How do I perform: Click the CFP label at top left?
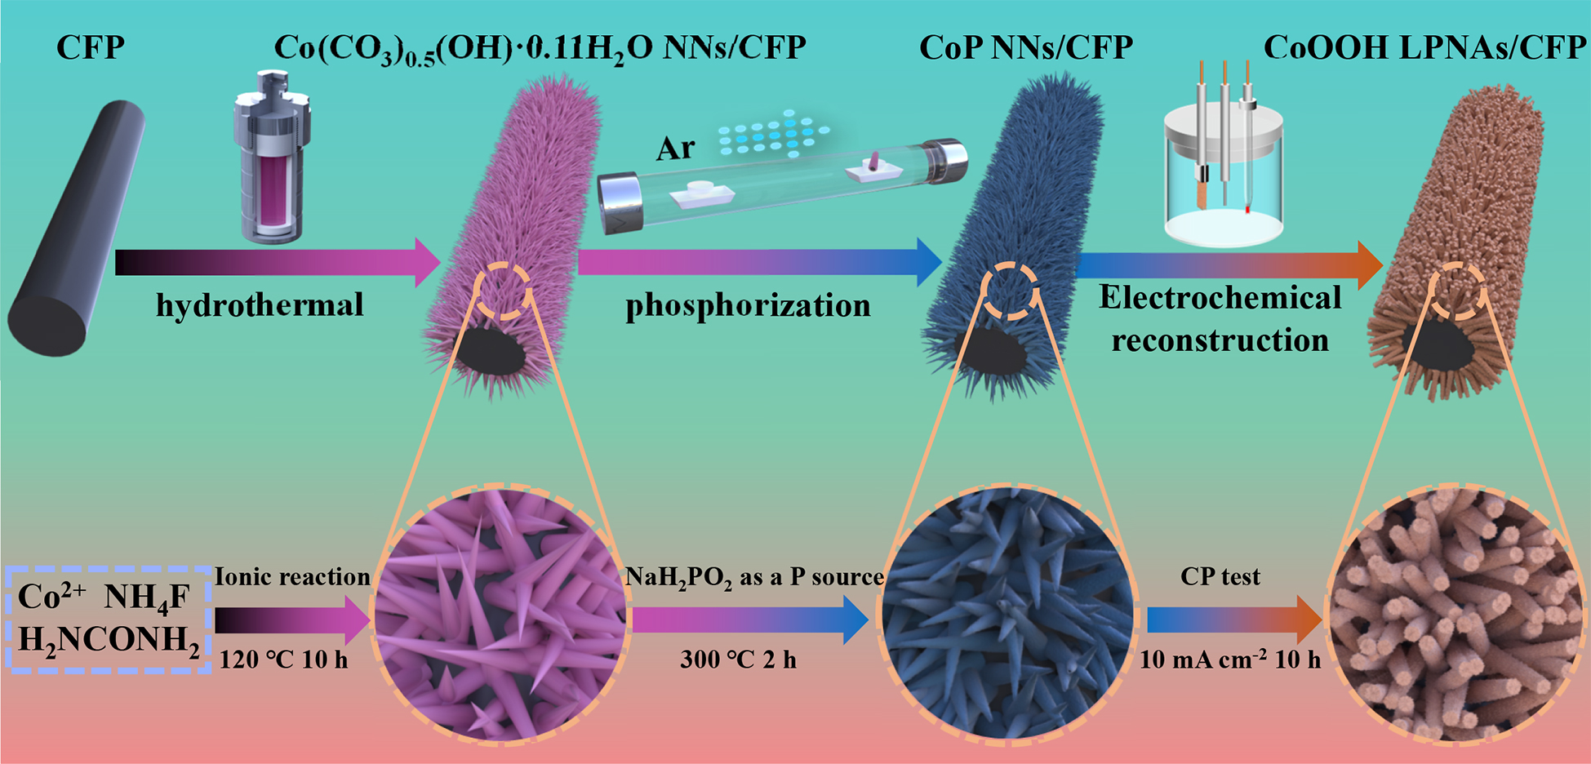pyautogui.click(x=90, y=47)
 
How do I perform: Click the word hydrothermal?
pyautogui.click(x=260, y=305)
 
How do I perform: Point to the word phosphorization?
pyautogui.click(x=748, y=305)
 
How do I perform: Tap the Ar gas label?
pyautogui.click(x=675, y=149)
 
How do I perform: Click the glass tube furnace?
pyautogui.click(x=782, y=184)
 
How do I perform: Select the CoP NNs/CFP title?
pyautogui.click(x=1026, y=47)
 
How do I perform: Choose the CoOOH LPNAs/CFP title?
pyautogui.click(x=1424, y=47)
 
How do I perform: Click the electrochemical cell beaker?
pyautogui.click(x=1223, y=175)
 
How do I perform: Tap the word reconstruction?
pyautogui.click(x=1220, y=340)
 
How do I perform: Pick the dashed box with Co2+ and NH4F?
pyautogui.click(x=109, y=620)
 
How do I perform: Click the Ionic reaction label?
pyautogui.click(x=292, y=577)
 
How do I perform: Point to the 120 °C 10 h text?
pyautogui.click(x=283, y=660)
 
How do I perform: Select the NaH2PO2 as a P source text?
pyautogui.click(x=754, y=578)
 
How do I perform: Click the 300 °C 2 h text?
pyautogui.click(x=738, y=660)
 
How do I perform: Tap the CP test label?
pyautogui.click(x=1220, y=577)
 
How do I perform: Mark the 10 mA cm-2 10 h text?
pyautogui.click(x=1229, y=660)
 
